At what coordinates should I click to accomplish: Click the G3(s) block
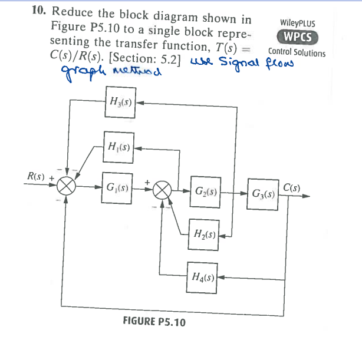[x=263, y=193]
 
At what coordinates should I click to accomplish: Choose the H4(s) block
[x=202, y=276]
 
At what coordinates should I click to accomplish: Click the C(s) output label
[x=292, y=188]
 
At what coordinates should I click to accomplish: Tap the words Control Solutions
[x=297, y=52]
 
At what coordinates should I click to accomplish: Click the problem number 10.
[x=40, y=11]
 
